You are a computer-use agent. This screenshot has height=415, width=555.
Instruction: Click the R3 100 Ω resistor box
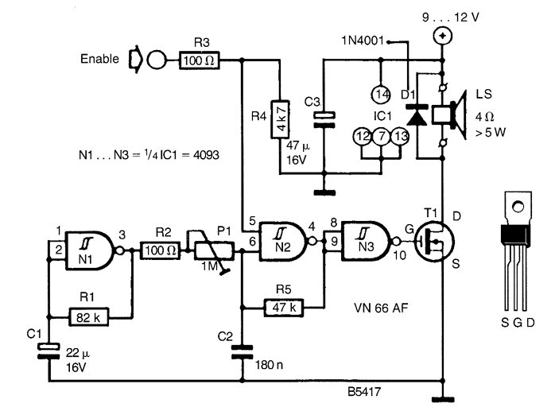point(200,60)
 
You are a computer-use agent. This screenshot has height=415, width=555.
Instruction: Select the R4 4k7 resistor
point(280,119)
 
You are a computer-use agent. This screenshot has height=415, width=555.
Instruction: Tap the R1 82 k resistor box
point(88,317)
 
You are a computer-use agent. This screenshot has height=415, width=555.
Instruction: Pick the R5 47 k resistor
point(284,307)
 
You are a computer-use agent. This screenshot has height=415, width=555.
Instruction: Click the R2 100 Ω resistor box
point(160,250)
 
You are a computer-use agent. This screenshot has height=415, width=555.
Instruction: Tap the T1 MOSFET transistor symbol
point(434,242)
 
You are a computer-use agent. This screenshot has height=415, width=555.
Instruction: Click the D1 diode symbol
point(417,115)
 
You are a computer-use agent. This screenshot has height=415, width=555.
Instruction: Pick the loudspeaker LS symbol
point(449,115)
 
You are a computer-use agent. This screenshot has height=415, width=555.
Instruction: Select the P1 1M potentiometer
point(211,250)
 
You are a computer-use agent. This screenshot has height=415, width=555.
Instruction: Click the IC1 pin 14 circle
point(381,95)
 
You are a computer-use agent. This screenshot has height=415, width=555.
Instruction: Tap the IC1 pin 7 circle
point(381,136)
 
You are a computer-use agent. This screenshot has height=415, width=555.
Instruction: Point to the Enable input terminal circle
point(156,60)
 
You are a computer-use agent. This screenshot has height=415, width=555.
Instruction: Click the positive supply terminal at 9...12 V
point(442,36)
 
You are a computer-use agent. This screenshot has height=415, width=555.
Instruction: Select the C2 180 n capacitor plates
point(242,352)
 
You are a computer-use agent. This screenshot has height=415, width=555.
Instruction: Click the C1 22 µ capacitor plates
point(49,351)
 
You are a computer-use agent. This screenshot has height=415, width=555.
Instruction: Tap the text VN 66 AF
point(381,308)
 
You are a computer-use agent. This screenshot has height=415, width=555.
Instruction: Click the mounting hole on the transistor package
point(518,206)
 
